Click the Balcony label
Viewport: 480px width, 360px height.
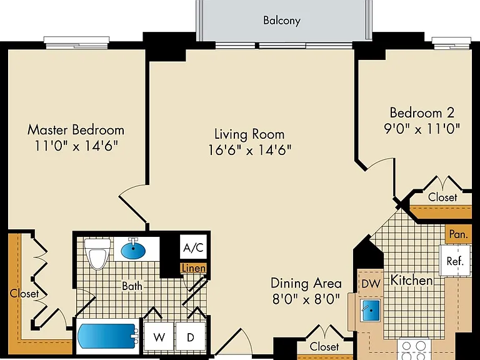click(282, 21)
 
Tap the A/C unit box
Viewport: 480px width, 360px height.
click(193, 247)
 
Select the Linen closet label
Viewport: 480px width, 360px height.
click(194, 269)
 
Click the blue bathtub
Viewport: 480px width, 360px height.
click(107, 336)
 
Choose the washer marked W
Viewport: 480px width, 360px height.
click(159, 337)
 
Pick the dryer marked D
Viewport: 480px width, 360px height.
click(191, 337)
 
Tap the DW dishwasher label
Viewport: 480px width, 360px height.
click(371, 284)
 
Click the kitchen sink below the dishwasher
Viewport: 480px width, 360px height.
click(370, 311)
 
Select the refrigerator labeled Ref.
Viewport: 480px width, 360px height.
click(455, 261)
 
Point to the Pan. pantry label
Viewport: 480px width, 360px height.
click(459, 234)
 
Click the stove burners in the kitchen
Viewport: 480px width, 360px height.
click(414, 350)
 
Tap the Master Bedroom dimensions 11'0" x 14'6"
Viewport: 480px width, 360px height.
click(76, 146)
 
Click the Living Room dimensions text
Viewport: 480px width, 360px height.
click(250, 150)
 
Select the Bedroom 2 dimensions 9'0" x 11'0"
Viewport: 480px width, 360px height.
click(422, 129)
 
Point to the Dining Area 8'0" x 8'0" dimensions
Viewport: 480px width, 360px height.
click(306, 299)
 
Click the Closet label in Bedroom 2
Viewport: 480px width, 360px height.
click(442, 197)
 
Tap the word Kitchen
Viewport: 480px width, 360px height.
click(412, 281)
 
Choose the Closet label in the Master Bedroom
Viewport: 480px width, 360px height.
click(24, 293)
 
